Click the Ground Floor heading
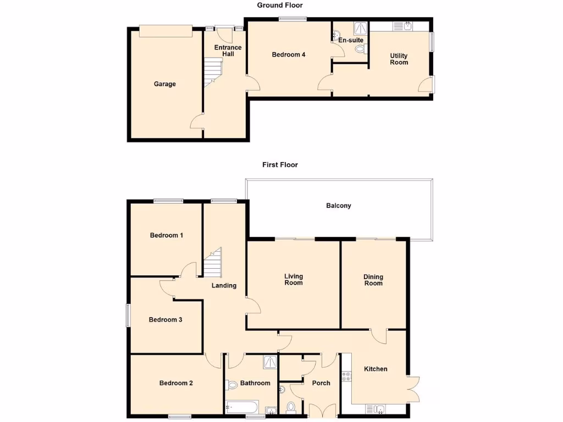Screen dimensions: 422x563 click(x=280, y=5)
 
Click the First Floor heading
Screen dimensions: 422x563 click(x=280, y=164)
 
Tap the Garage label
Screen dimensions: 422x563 click(x=165, y=84)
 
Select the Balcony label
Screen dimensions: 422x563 click(x=338, y=206)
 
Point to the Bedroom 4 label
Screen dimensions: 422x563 click(x=289, y=54)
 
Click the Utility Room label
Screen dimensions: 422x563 click(x=399, y=59)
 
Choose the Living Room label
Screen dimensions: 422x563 click(x=294, y=280)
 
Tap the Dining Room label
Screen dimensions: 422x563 click(x=373, y=280)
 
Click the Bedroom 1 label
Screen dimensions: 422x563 click(x=167, y=235)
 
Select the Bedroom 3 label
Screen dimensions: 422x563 click(x=165, y=320)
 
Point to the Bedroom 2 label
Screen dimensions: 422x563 click(x=176, y=383)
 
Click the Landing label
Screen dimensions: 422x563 click(x=224, y=285)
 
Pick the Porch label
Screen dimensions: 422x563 click(x=321, y=383)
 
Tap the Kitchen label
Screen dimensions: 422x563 click(x=376, y=369)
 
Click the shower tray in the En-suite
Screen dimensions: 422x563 click(x=360, y=28)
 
